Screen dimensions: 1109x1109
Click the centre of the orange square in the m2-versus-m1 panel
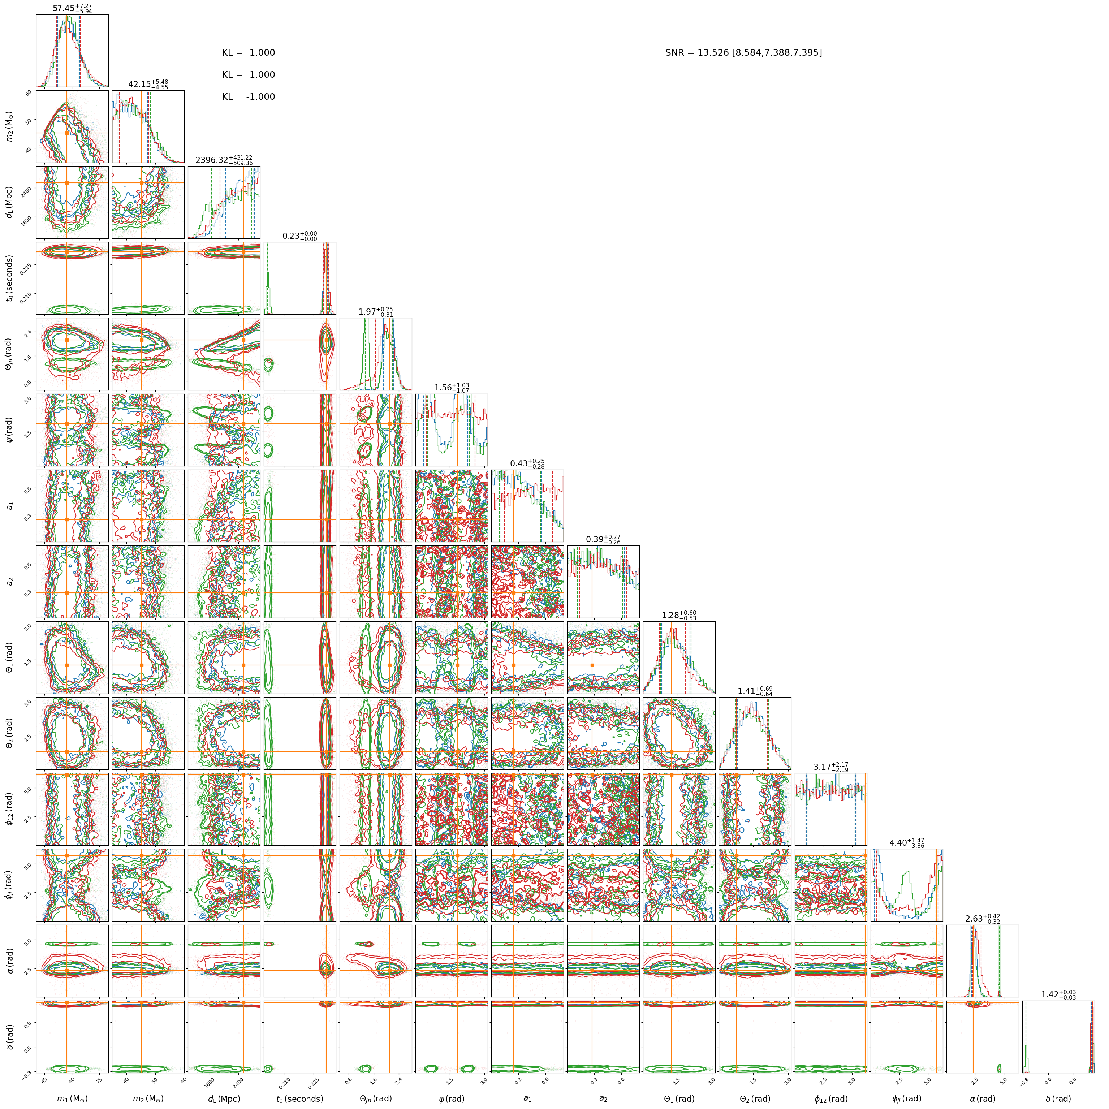67,133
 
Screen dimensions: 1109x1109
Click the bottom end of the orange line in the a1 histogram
513,541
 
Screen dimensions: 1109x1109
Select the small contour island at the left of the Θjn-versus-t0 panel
269,363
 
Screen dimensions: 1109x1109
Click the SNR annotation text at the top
743,53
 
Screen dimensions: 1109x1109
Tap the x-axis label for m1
72,1099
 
